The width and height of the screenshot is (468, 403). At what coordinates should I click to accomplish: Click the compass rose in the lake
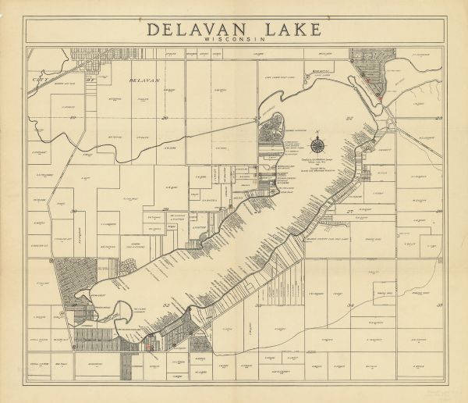click(318, 143)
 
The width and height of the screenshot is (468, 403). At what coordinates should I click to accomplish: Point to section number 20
click(165, 118)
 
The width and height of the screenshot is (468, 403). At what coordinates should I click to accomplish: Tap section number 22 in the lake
click(349, 118)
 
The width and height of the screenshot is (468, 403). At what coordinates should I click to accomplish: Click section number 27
click(350, 211)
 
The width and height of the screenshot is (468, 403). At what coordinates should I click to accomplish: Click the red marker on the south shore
click(146, 344)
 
